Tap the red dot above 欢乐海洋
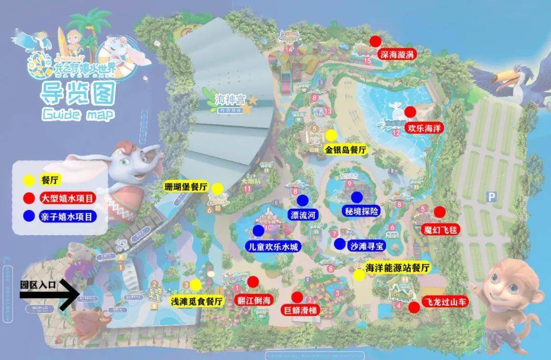click(x=409, y=112)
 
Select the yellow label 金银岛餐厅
click(x=346, y=150)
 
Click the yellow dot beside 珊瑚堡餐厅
click(x=218, y=188)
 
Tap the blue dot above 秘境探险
click(x=357, y=198)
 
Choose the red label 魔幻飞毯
click(x=441, y=229)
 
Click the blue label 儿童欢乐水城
click(x=272, y=246)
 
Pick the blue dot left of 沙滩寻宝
click(x=340, y=244)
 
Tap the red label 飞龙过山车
click(x=445, y=302)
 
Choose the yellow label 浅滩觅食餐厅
click(x=197, y=301)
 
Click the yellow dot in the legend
click(x=30, y=180)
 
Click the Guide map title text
click(x=77, y=114)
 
